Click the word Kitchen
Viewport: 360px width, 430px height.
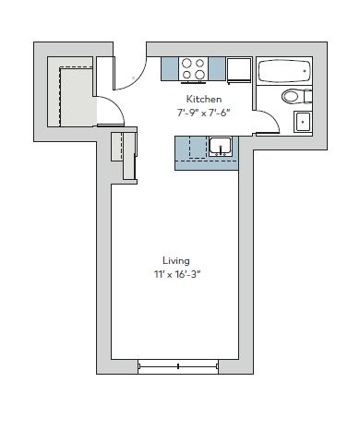pyautogui.click(x=204, y=99)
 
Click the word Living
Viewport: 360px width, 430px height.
pyautogui.click(x=176, y=261)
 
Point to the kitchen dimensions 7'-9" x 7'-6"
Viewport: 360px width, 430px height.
pyautogui.click(x=203, y=113)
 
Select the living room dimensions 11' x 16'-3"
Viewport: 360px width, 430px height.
pyautogui.click(x=177, y=274)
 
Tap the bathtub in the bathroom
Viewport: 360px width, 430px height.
pyautogui.click(x=284, y=71)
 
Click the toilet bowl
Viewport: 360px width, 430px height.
pyautogui.click(x=291, y=96)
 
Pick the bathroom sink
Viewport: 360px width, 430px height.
pyautogui.click(x=303, y=122)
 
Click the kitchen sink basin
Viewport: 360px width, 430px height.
pyautogui.click(x=221, y=147)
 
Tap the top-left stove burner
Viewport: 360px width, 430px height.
pyautogui.click(x=186, y=64)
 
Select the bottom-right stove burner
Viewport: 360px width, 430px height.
pyautogui.click(x=199, y=75)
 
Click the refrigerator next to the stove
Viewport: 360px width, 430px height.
pyautogui.click(x=239, y=70)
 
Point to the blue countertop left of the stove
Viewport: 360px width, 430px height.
pyautogui.click(x=170, y=69)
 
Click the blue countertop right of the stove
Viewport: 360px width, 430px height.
pyautogui.click(x=217, y=69)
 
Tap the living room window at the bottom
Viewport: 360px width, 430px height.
pyautogui.click(x=178, y=366)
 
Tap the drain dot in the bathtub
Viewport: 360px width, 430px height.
pyautogui.click(x=305, y=71)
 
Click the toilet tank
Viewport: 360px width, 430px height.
pyautogui.click(x=308, y=96)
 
